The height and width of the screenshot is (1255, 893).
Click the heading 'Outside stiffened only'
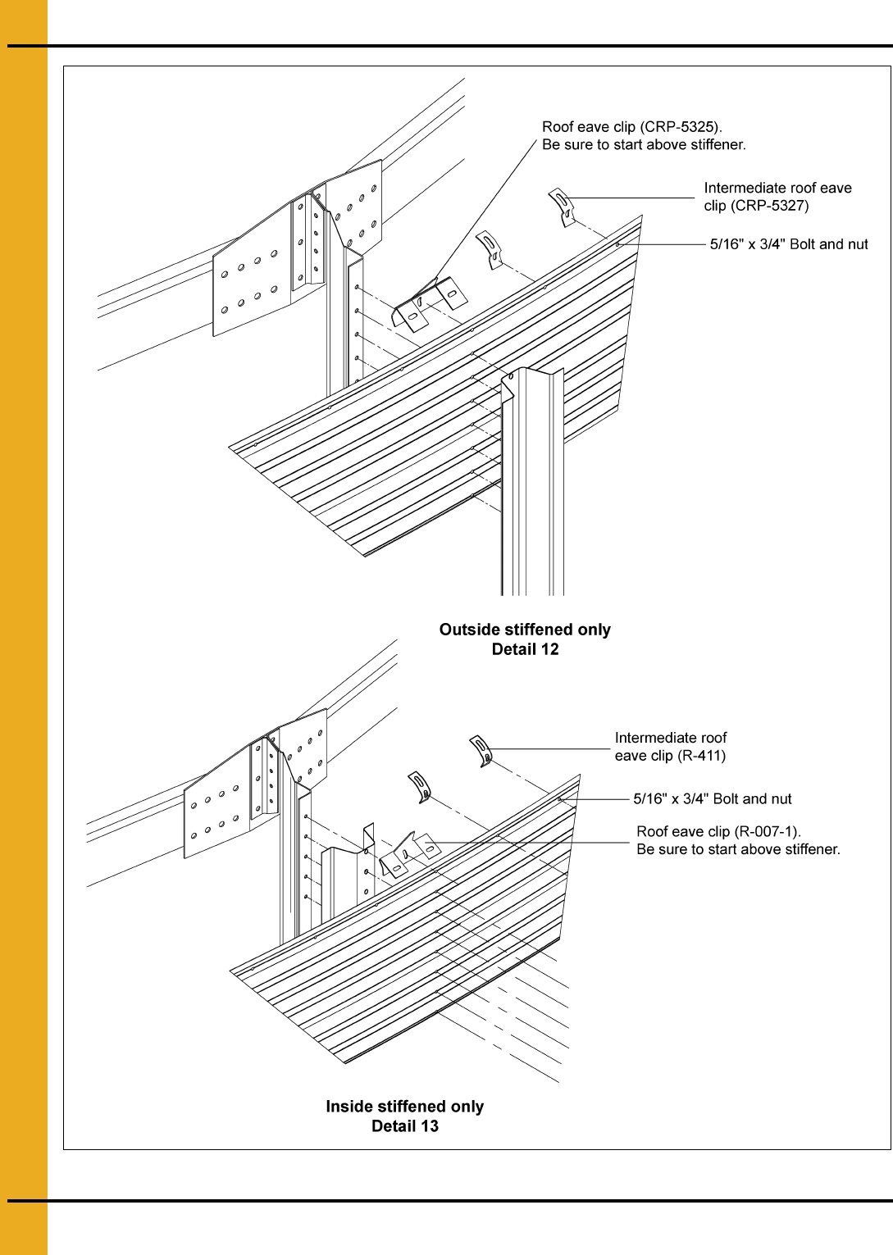pos(525,630)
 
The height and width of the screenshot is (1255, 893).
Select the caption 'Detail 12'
pos(526,649)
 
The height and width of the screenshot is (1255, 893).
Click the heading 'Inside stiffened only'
pos(405,1107)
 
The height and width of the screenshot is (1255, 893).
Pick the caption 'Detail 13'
pos(405,1126)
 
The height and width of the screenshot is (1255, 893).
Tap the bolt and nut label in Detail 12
pos(789,244)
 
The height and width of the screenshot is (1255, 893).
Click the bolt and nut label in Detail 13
pos(712,799)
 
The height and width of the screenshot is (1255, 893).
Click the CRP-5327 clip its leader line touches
pos(562,207)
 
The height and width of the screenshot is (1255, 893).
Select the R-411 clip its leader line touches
pos(481,751)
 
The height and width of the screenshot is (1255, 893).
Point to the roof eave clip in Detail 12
pos(429,304)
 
